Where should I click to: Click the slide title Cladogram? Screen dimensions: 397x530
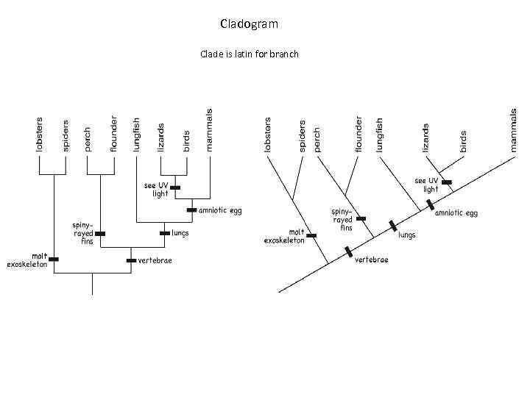click(x=249, y=24)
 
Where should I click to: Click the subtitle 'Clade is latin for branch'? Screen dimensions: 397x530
click(x=249, y=54)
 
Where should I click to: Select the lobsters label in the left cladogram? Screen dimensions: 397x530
click(x=40, y=134)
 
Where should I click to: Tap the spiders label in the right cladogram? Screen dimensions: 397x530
click(x=302, y=137)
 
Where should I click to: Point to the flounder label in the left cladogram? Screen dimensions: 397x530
click(x=113, y=134)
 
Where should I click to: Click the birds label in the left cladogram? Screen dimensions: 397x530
click(x=186, y=140)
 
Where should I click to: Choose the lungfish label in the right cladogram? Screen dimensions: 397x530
click(x=380, y=135)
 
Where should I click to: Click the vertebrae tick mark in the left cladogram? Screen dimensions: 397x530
click(x=131, y=260)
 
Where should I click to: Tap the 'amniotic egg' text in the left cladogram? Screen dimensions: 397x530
click(x=220, y=210)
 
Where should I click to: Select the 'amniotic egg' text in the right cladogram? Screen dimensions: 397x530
click(x=456, y=213)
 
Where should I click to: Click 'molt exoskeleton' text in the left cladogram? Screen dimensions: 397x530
click(x=28, y=260)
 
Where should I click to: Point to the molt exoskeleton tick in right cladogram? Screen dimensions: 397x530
click(x=311, y=236)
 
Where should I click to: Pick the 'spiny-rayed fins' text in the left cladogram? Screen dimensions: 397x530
click(x=82, y=232)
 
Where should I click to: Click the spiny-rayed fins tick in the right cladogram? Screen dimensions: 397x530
click(x=360, y=218)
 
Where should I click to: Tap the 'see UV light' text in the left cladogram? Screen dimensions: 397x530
click(x=156, y=190)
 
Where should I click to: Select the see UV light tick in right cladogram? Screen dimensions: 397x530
click(x=446, y=182)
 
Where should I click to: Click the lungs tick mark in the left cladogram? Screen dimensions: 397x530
click(x=164, y=234)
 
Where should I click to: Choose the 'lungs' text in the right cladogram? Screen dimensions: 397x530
click(x=407, y=235)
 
